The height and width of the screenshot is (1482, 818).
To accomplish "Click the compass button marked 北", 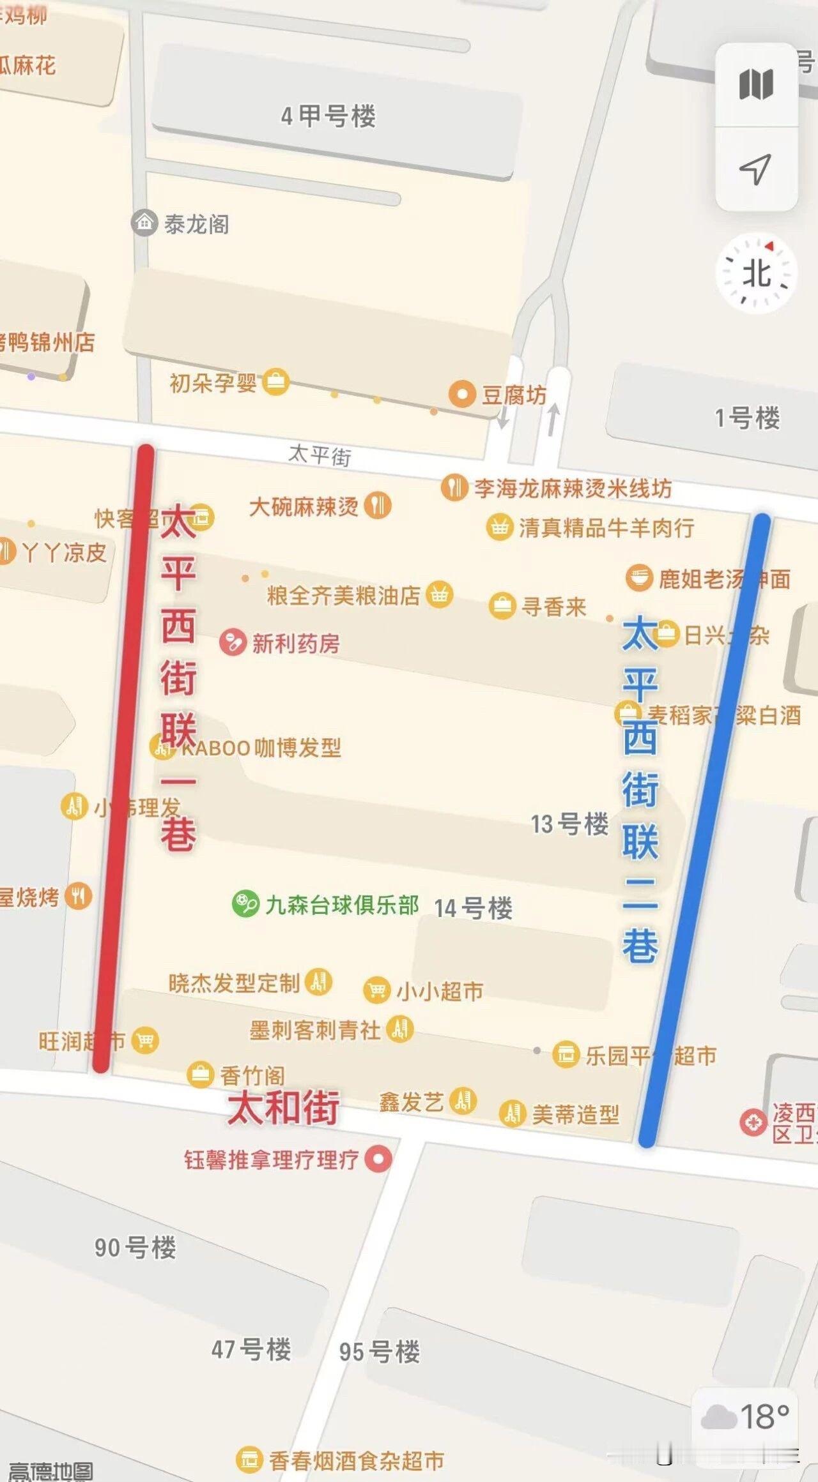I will click(757, 273).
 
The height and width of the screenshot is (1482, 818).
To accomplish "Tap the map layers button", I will click(756, 85).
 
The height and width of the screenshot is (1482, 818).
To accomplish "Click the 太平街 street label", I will click(320, 455).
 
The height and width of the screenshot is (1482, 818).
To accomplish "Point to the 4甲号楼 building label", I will click(328, 116).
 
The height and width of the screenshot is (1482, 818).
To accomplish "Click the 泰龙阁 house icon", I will click(144, 223).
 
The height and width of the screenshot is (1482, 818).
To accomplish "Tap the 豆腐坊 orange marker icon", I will click(461, 394).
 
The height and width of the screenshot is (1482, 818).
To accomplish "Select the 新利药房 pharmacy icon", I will click(233, 642).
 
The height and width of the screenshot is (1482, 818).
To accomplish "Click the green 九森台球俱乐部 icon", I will click(245, 904).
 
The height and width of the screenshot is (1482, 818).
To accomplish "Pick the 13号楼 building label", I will click(569, 824).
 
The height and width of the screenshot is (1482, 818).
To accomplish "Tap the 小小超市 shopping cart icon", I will click(376, 990).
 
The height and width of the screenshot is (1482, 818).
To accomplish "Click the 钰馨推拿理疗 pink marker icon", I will click(378, 1158).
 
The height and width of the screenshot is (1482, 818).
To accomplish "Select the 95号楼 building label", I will click(380, 1352).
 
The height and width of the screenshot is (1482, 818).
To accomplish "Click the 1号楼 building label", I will click(747, 418).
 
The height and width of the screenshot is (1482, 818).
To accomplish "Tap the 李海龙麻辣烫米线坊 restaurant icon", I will click(454, 488).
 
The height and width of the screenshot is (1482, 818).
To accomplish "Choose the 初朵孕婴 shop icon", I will click(276, 382).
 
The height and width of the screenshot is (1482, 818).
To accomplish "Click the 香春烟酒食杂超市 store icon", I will click(249, 1459).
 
